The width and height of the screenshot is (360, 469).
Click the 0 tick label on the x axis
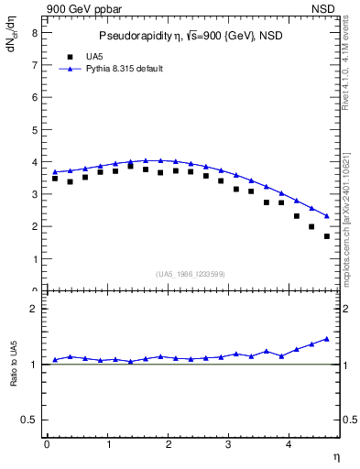[x=47, y=444]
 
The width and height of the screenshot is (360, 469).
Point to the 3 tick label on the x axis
[x=229, y=444]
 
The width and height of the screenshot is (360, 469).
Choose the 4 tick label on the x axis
[x=289, y=444]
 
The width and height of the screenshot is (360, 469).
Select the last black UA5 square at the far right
[x=327, y=236]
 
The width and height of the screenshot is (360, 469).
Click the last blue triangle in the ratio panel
[x=327, y=339]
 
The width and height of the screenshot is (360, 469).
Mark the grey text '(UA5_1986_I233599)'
[x=191, y=274]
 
